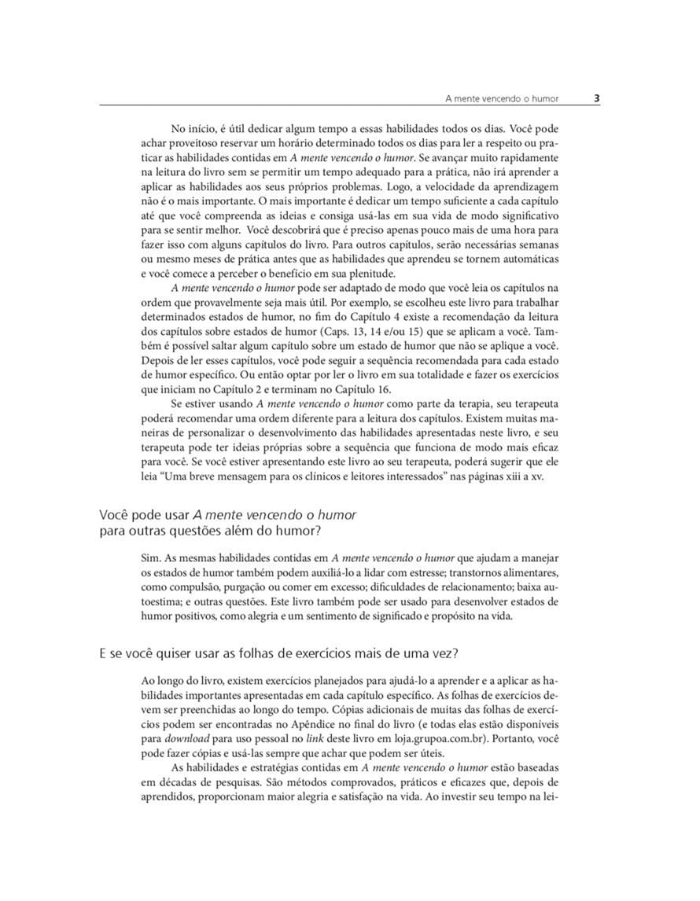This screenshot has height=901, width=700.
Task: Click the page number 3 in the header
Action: click(596, 98)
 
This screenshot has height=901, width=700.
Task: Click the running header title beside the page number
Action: click(501, 99)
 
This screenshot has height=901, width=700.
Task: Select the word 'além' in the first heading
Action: click(244, 531)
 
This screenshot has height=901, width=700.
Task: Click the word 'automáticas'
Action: click(529, 259)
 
